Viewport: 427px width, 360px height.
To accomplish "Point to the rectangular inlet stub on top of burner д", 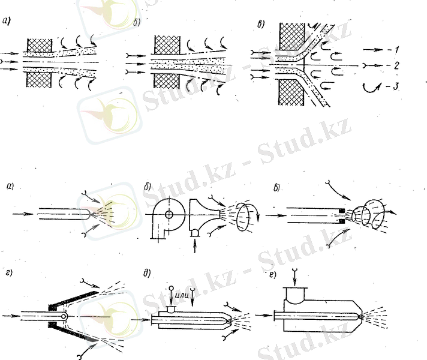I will [x=170, y=310].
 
